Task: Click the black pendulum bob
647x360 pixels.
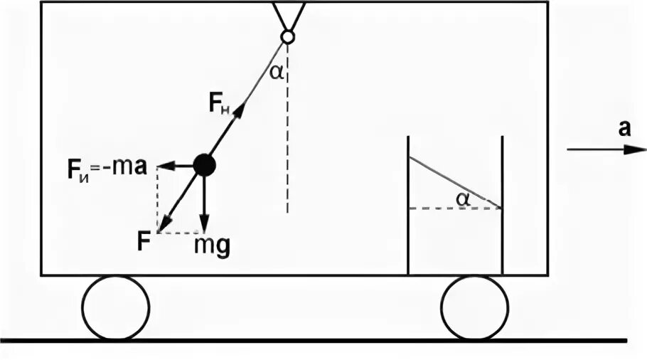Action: (204, 165)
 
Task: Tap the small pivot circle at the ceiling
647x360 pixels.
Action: (288, 36)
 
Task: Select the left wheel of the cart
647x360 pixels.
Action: (116, 307)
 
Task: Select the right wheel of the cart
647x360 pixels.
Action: (474, 307)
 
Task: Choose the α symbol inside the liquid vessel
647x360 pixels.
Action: (464, 200)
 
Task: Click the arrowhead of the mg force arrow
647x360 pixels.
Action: (204, 227)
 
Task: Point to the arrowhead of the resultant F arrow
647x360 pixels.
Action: (162, 226)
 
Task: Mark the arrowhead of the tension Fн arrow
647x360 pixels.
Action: (240, 109)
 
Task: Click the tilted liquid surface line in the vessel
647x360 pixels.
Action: (455, 182)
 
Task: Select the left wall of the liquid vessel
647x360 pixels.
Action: (407, 206)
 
